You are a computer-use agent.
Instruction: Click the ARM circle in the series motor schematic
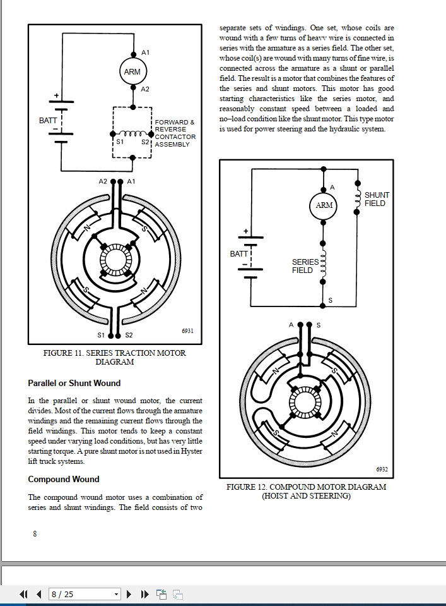coord(132,71)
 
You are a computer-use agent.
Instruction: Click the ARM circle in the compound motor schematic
coord(324,205)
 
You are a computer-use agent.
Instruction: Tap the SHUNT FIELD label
coord(377,199)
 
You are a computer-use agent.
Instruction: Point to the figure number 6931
coord(187,330)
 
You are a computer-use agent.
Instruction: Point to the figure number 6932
coord(382,470)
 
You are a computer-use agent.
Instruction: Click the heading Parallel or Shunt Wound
coord(74,383)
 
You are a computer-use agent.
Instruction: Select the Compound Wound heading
coord(64,479)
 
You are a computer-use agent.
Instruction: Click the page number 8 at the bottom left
coord(35,533)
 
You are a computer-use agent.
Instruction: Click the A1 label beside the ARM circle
coord(146,52)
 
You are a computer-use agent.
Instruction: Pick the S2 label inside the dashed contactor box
coord(144,142)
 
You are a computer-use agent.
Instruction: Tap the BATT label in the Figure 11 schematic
coord(48,120)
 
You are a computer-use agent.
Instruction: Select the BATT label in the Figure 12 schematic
coord(239,253)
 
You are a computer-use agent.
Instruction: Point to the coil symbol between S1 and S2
coord(132,133)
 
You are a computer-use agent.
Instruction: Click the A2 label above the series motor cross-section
coord(103,181)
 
